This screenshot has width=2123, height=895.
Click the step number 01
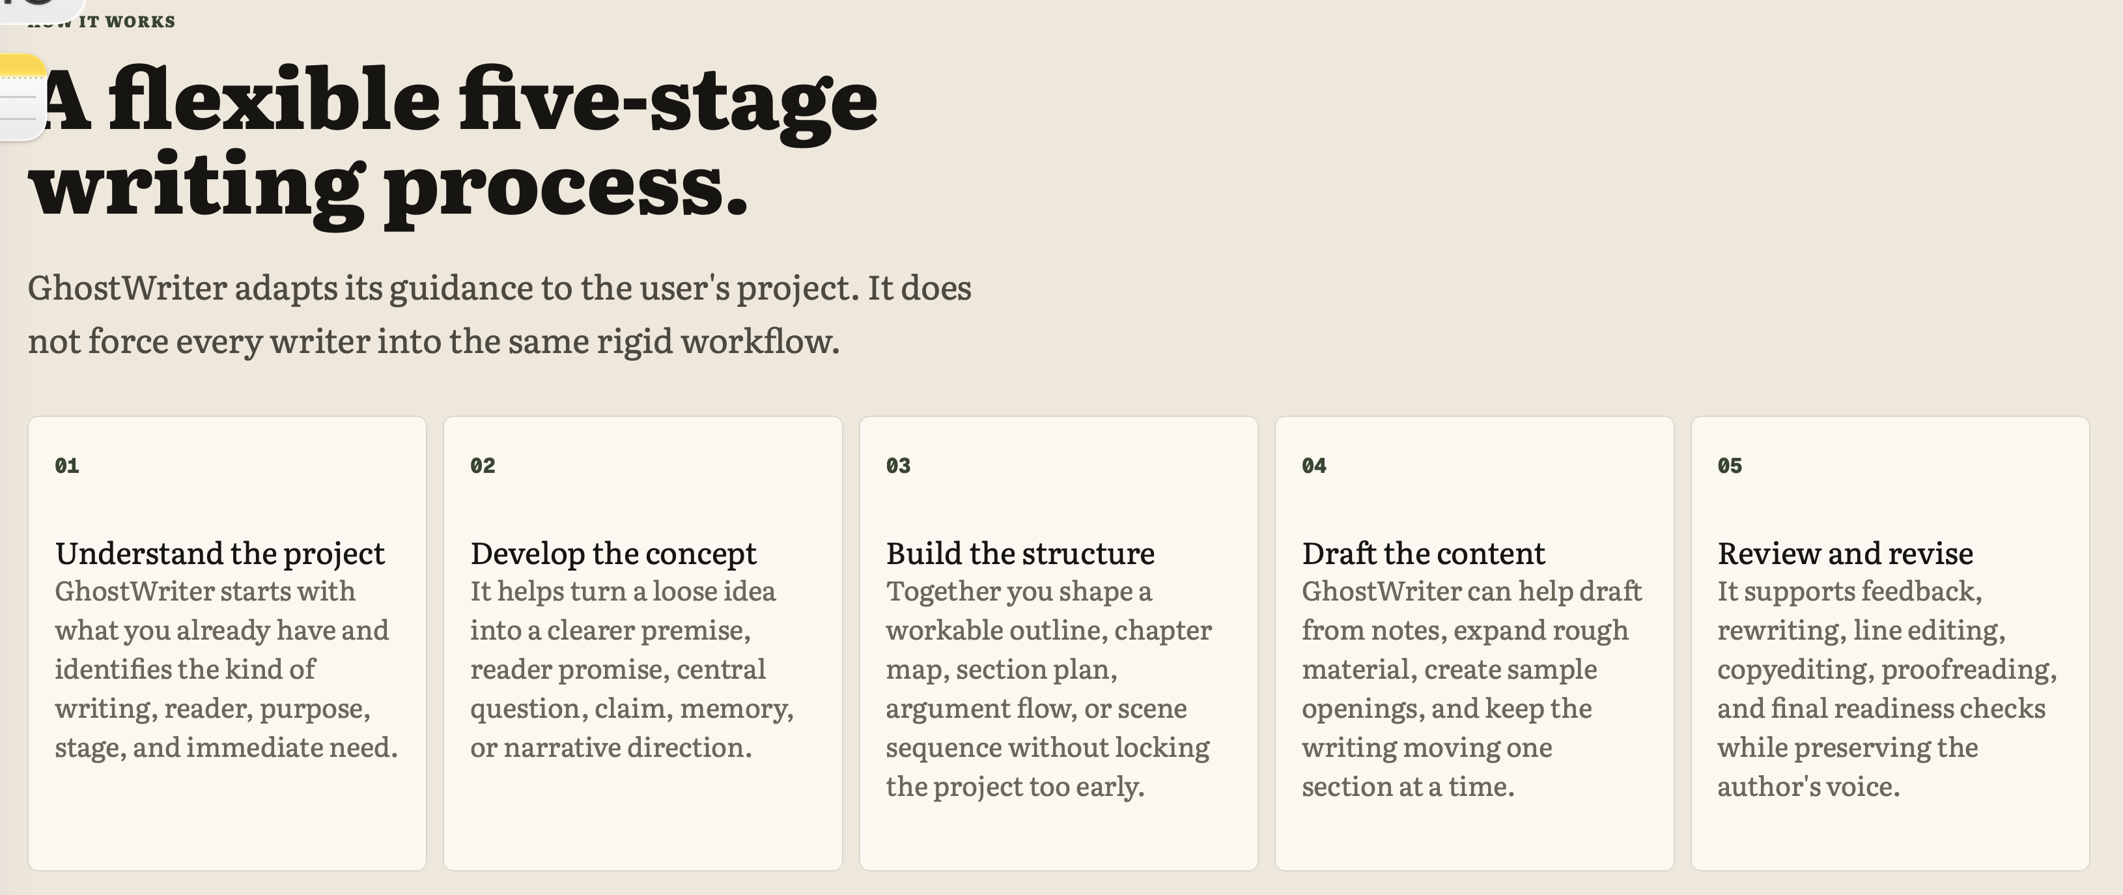click(x=67, y=466)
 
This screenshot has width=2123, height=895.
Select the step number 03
click(x=898, y=466)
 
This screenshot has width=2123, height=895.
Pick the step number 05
click(x=1730, y=466)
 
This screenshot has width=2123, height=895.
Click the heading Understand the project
click(x=220, y=554)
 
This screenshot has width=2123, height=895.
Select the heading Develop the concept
click(x=613, y=554)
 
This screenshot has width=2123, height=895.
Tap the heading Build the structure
click(x=1020, y=554)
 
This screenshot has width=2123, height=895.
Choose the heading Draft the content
click(x=1424, y=554)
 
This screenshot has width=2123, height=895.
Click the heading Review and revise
click(x=1846, y=554)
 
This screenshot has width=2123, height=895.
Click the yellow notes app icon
click(x=21, y=97)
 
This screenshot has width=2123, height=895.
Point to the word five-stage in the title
click(x=668, y=104)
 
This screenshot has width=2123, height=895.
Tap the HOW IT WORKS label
click(x=102, y=21)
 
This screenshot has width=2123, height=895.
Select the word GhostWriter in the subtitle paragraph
click(x=127, y=288)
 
